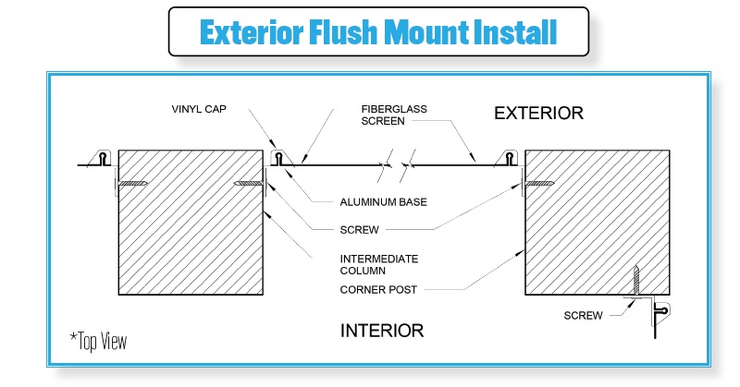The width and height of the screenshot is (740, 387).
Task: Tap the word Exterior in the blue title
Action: point(251,32)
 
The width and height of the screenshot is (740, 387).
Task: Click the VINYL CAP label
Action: point(199,109)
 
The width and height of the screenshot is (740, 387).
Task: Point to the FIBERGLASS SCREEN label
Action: point(394,115)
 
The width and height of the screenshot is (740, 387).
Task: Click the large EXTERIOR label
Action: point(539,113)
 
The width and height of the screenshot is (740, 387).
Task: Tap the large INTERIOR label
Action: point(382,331)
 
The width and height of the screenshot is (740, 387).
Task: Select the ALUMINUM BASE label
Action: point(383,202)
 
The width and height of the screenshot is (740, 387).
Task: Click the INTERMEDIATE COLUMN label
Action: point(379,265)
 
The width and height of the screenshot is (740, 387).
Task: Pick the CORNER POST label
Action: point(378,289)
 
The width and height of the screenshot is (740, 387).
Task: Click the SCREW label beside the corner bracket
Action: point(584,315)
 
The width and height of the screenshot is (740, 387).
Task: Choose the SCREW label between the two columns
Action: point(359,230)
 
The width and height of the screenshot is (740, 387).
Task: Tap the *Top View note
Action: point(98,341)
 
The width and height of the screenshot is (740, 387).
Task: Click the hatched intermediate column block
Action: point(191,223)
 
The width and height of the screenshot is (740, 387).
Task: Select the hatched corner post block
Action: point(597,223)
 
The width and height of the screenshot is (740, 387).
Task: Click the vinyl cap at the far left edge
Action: point(103,158)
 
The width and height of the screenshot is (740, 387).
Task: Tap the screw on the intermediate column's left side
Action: point(132,184)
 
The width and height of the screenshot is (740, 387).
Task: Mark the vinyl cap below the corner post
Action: point(661,311)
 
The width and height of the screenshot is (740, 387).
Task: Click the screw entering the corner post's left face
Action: point(539,184)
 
